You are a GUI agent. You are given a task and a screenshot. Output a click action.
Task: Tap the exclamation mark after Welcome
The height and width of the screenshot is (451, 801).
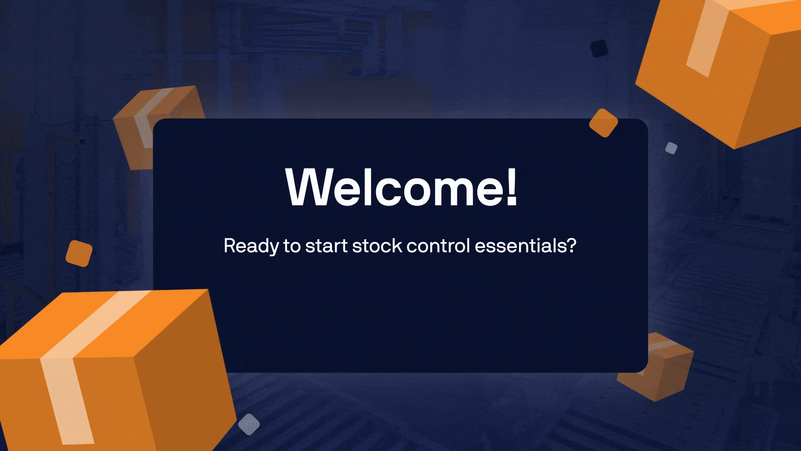[x=512, y=187]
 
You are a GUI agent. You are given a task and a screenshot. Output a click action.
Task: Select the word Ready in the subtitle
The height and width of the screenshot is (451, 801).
[x=251, y=246]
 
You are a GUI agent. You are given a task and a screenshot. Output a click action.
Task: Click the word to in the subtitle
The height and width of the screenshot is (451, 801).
[x=292, y=246]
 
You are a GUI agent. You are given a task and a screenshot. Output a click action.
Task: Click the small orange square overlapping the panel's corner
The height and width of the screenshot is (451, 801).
[x=603, y=123]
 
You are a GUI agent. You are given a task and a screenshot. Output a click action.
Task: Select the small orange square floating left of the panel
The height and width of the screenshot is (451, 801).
[x=79, y=253]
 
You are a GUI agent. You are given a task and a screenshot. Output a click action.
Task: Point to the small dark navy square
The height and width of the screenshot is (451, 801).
[x=599, y=48]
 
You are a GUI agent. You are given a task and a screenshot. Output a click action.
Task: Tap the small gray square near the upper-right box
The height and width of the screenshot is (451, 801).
[x=671, y=148]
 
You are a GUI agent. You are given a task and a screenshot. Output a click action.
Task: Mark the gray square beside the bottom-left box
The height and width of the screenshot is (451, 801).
[x=249, y=424]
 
